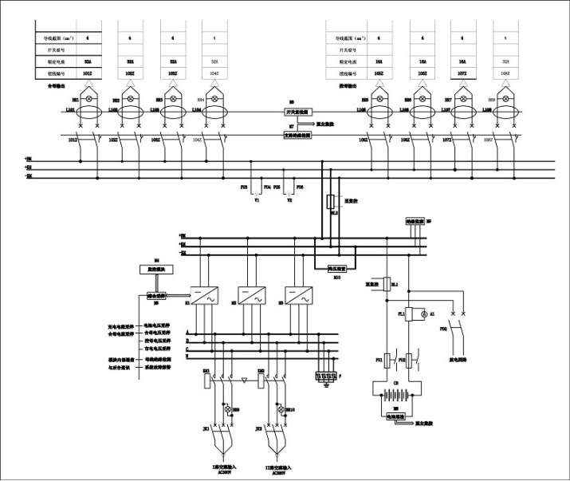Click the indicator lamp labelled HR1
tap(89, 99)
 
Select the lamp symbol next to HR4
tap(213, 99)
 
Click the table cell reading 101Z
tap(88, 73)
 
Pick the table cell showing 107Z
tap(462, 73)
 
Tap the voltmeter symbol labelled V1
tap(257, 191)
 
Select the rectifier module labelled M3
tap(297, 294)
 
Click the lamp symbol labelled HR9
tap(226, 408)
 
